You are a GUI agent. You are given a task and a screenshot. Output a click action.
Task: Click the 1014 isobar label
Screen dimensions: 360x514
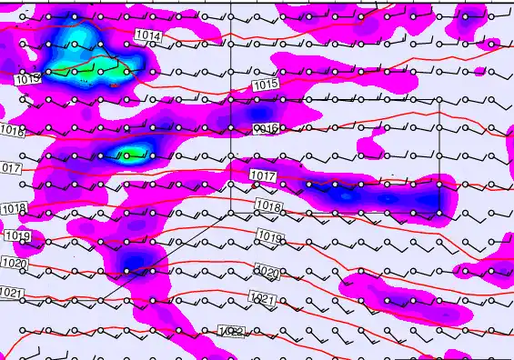tap(149, 35)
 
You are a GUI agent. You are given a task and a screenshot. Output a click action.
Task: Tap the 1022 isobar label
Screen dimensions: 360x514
tap(232, 333)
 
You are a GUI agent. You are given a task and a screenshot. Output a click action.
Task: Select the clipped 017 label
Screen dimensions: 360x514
tap(10, 168)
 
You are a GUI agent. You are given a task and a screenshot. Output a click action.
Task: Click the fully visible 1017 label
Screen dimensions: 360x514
tap(262, 175)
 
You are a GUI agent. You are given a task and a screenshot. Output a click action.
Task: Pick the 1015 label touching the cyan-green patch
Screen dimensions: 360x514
tap(28, 79)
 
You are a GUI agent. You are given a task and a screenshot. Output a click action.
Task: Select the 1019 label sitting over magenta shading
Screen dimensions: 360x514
tap(17, 236)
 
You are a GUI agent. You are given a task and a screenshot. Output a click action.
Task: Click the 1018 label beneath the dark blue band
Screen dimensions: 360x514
tap(268, 206)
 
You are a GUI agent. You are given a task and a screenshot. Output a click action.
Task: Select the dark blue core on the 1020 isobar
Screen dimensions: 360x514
tap(135, 263)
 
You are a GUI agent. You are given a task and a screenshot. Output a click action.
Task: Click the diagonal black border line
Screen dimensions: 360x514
tap(164, 255)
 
